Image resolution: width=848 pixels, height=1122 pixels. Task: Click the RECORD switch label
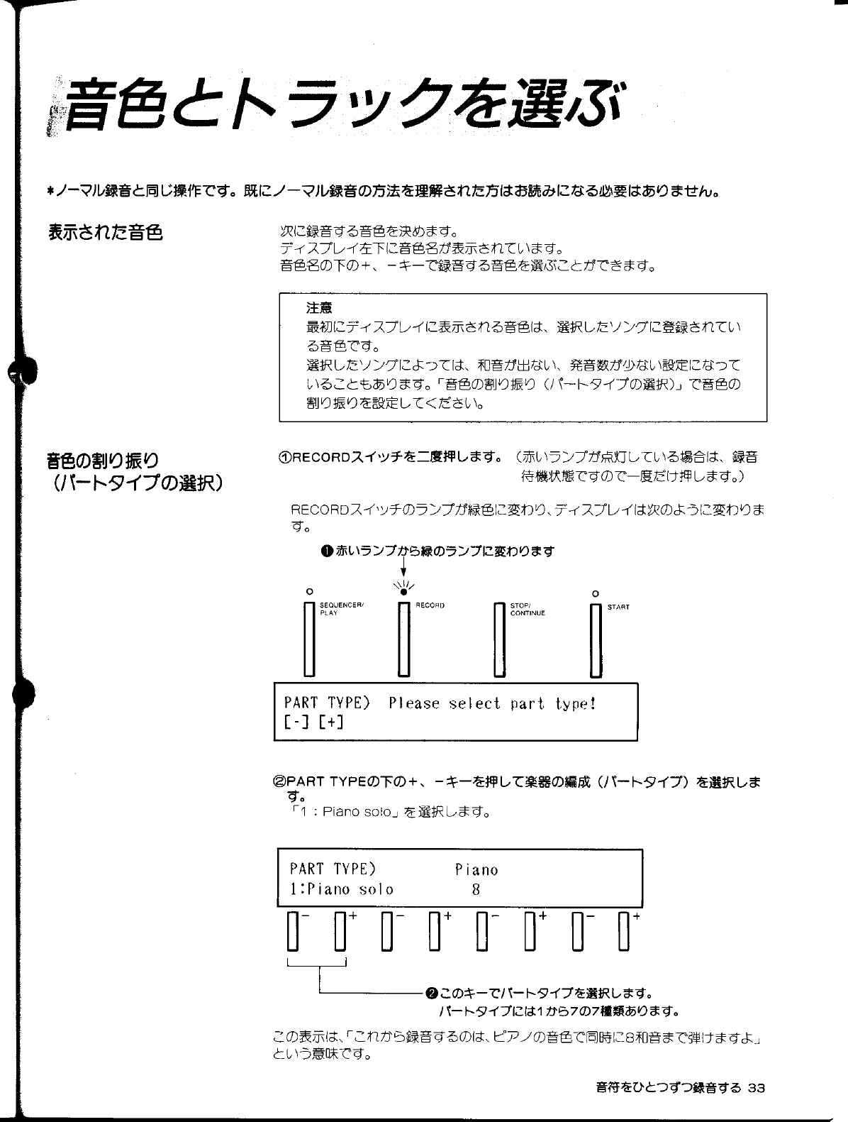pos(430,605)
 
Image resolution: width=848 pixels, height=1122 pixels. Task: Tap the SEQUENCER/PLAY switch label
pos(341,609)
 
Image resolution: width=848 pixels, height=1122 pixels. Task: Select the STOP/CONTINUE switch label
pos(528,609)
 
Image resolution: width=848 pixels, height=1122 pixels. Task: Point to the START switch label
pos(618,607)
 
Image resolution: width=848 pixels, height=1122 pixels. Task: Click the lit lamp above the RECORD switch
pos(403,590)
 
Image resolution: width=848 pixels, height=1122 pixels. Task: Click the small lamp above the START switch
pos(596,593)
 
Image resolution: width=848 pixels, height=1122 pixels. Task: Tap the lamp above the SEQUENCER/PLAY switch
pos(308,591)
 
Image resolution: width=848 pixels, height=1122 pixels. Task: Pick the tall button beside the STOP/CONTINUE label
pos(500,639)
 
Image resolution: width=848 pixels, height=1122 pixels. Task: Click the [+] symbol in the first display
pos(331,722)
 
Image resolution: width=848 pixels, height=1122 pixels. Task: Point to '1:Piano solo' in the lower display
pos(341,889)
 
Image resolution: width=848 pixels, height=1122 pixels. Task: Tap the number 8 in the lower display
pos(476,889)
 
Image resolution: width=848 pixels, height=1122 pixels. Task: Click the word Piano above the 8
pos(476,869)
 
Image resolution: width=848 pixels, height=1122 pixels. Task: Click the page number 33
pos(757,1088)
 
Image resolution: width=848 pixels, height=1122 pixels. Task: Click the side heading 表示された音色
pos(105,231)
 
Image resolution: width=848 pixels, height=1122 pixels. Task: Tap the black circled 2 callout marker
pos(430,992)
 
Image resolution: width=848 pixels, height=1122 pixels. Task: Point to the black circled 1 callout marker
pos(325,551)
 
